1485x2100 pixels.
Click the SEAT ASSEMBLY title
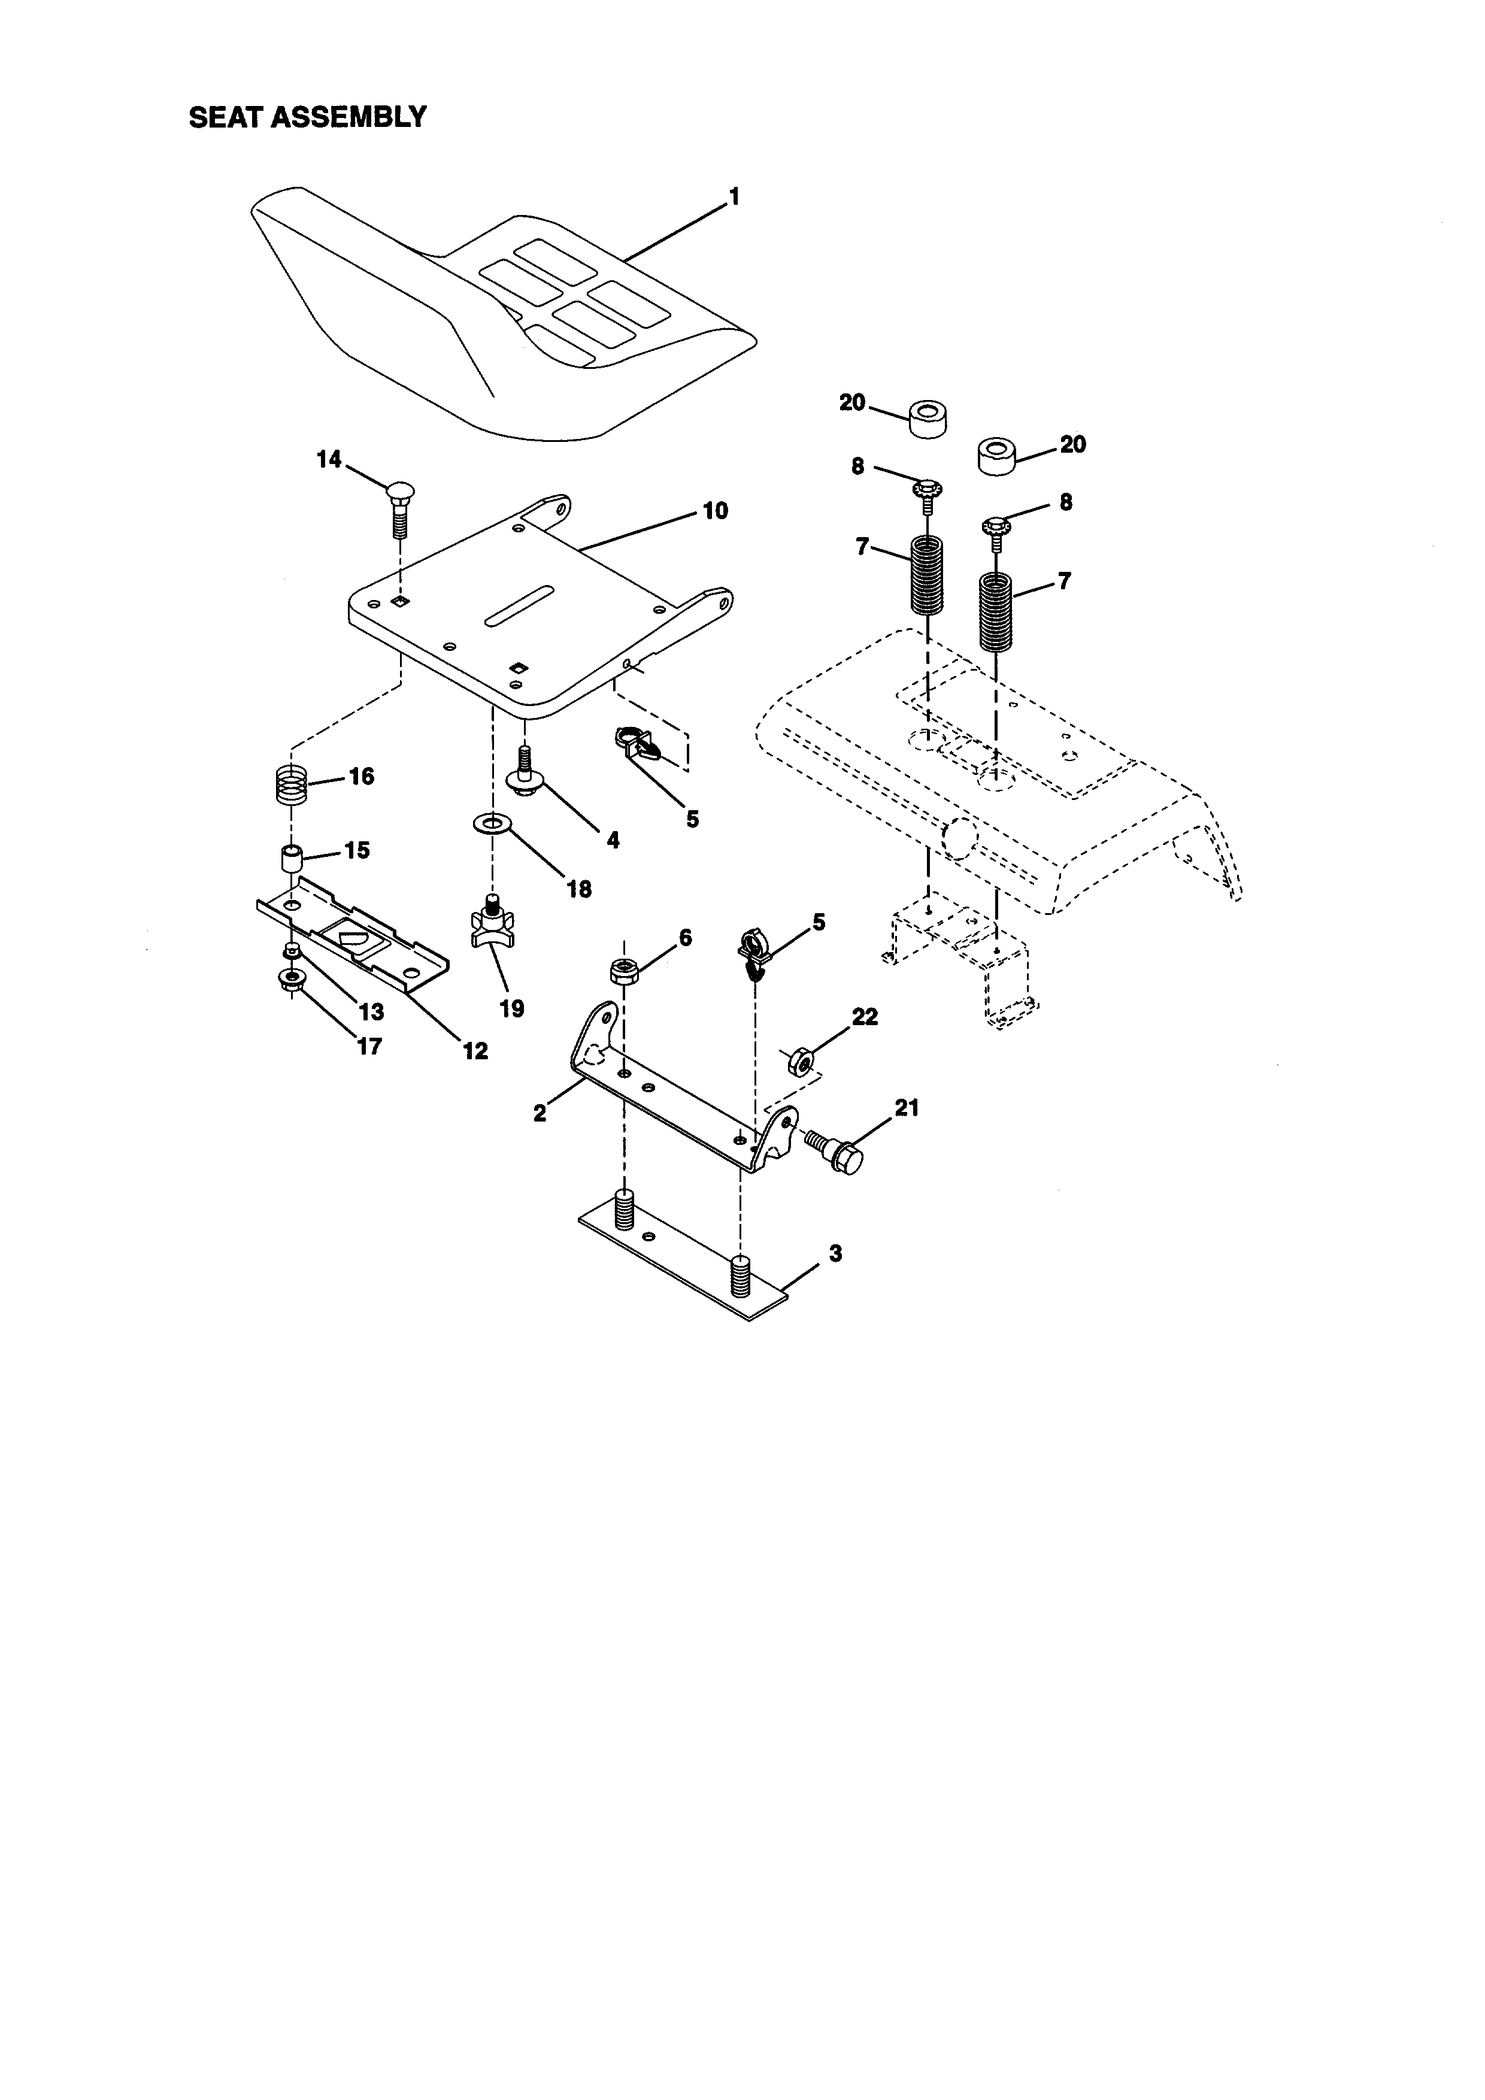point(307,117)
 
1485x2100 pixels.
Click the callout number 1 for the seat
point(734,196)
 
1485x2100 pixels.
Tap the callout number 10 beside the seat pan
point(715,510)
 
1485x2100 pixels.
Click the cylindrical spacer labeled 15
point(291,860)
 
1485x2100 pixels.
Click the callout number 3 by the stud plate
point(835,1253)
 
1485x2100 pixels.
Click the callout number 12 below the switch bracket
point(475,1051)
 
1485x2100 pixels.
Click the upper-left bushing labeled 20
point(927,419)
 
